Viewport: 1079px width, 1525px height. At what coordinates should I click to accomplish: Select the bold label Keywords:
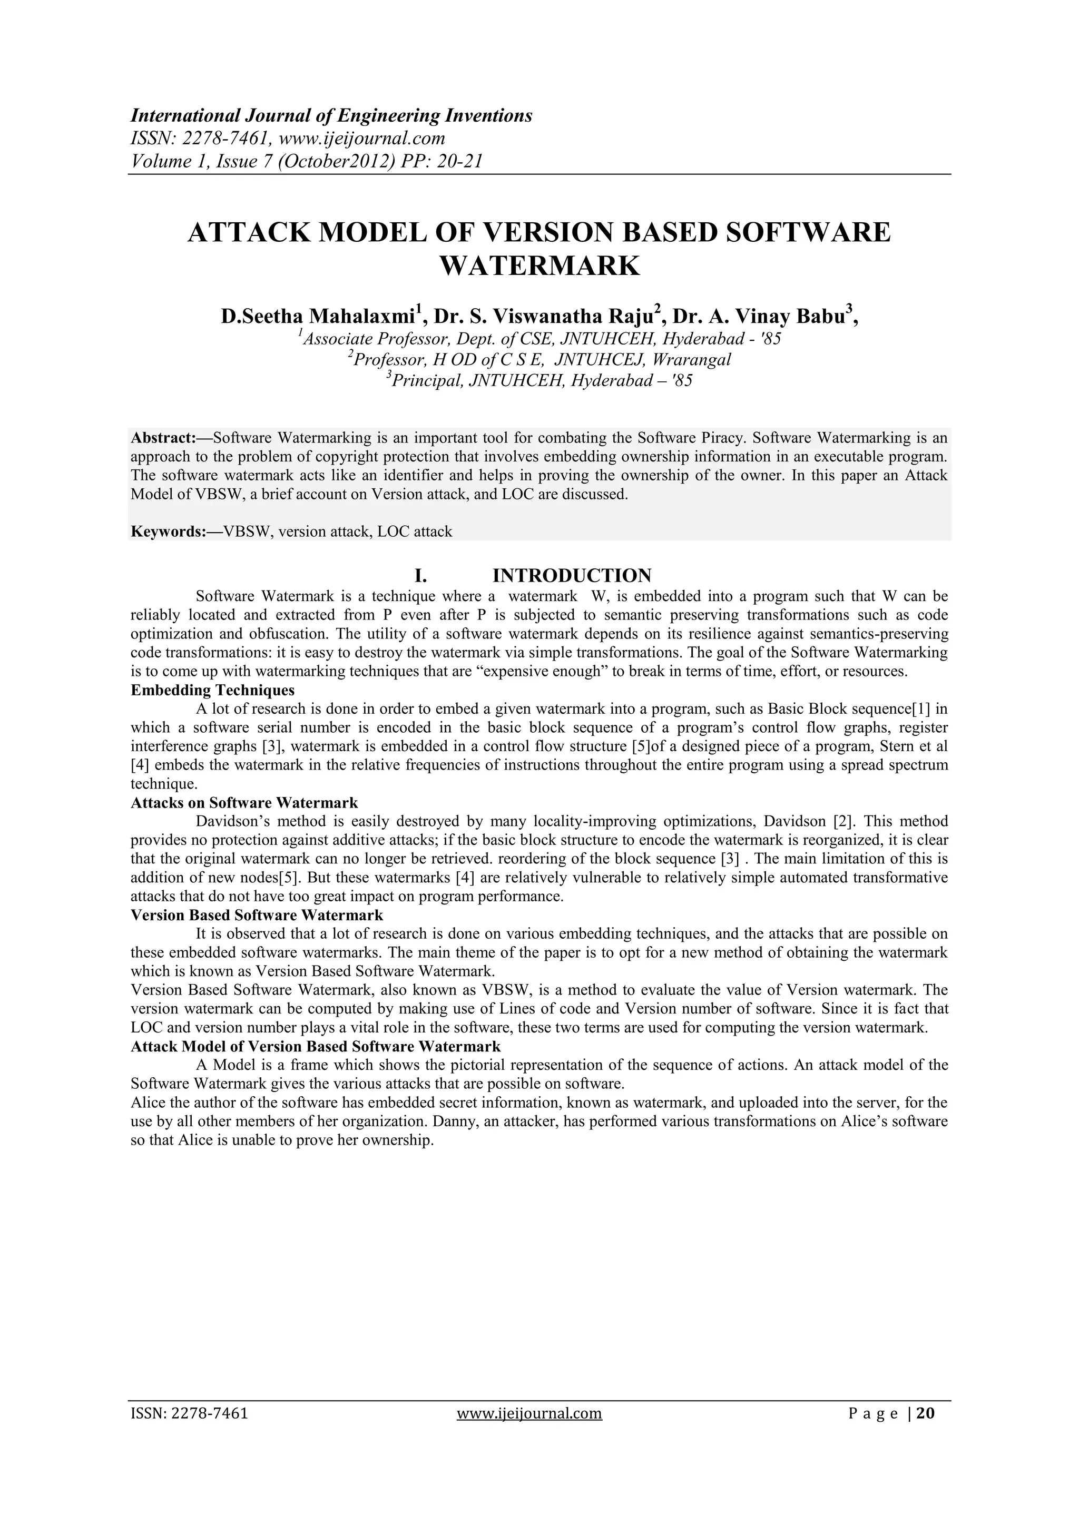170,532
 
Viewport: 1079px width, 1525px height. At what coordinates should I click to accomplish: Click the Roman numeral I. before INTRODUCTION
420,575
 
